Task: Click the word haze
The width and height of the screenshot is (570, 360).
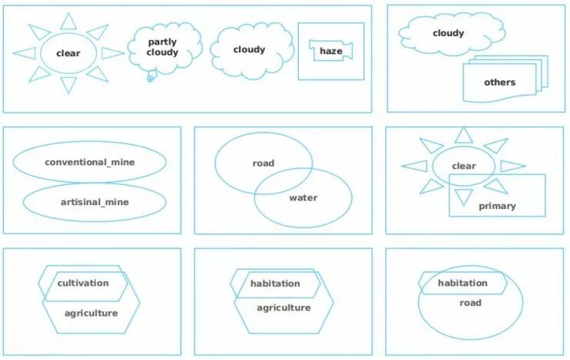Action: coord(330,51)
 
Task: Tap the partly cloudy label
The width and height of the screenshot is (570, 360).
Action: coord(163,47)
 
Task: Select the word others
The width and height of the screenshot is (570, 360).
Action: coord(499,82)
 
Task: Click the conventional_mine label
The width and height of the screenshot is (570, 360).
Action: coord(89,163)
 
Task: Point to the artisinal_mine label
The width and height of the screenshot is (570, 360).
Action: coord(95,202)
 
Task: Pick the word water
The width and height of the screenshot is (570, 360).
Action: coord(303,197)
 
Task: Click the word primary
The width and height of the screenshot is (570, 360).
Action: coord(497,206)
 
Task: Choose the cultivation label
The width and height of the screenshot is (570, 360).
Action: coord(83,283)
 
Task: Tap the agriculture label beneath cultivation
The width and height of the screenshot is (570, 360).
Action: coord(91,313)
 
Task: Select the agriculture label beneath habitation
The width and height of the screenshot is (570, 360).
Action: coord(283,308)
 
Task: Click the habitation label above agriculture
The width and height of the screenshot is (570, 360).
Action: coord(275,284)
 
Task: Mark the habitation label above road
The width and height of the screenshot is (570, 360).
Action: coord(462,283)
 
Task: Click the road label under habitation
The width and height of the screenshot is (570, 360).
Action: coord(470,303)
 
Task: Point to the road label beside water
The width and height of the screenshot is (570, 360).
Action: coord(263,163)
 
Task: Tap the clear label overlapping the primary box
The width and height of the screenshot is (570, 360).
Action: coord(464,166)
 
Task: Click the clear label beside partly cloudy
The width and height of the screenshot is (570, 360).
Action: coord(68,53)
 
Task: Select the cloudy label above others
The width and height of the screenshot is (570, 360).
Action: coord(448,33)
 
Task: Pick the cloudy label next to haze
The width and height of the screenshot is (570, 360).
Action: coord(249,49)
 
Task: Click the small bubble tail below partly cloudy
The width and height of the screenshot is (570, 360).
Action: coord(151,75)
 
